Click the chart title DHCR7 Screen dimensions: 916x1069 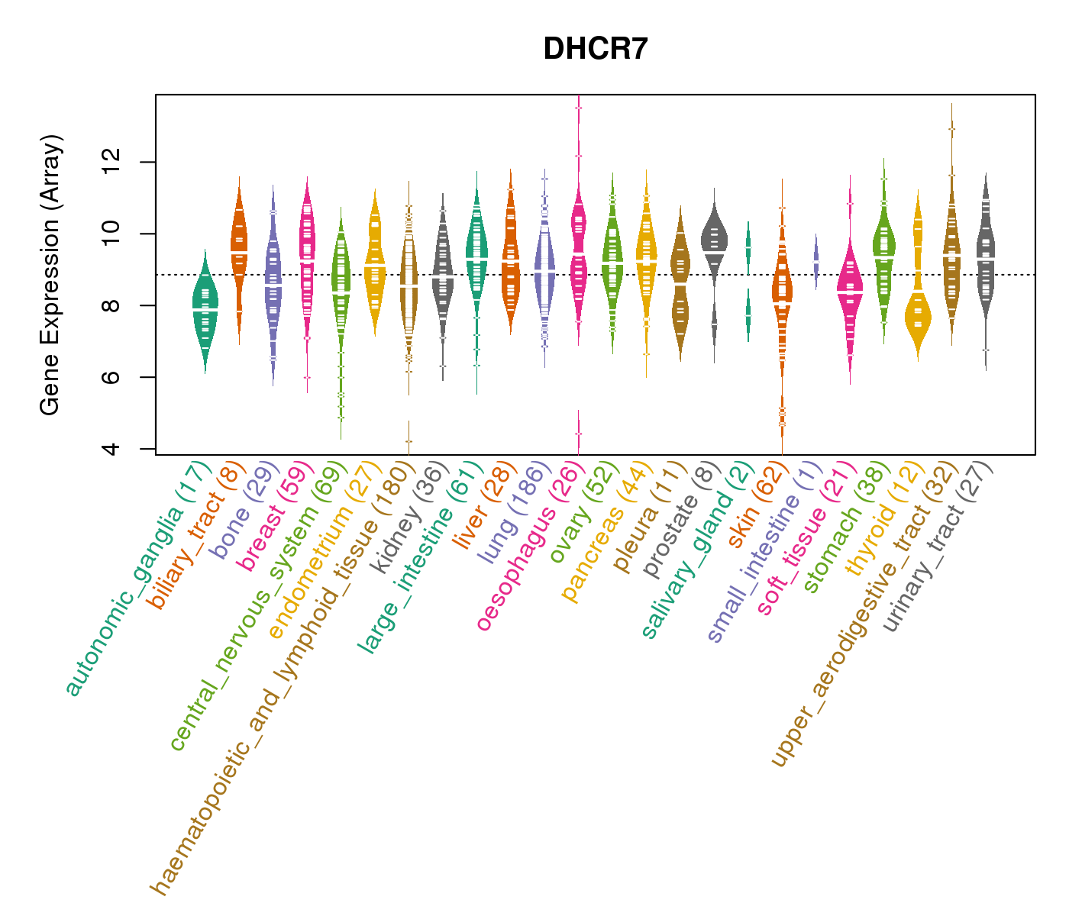point(596,50)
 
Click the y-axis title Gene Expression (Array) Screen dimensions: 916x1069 point(50,275)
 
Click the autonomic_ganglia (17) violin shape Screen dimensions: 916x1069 point(205,313)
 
